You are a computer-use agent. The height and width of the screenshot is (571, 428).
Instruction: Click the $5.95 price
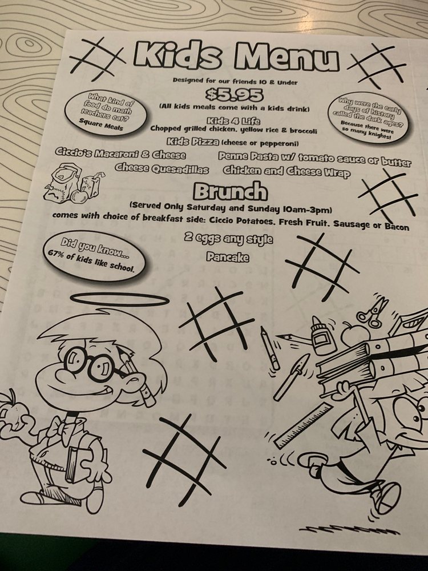[234, 95]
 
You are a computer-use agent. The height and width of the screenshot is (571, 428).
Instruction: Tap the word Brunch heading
[230, 191]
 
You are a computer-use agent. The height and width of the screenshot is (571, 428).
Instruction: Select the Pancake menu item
[228, 257]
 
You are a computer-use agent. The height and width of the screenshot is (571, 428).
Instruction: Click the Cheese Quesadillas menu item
[162, 169]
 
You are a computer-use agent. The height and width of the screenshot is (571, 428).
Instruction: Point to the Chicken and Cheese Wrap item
[286, 171]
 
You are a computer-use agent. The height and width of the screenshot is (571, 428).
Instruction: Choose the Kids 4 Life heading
[233, 120]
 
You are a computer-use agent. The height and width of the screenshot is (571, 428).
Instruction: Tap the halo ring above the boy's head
[120, 299]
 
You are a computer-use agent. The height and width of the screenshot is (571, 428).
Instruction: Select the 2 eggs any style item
[228, 239]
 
